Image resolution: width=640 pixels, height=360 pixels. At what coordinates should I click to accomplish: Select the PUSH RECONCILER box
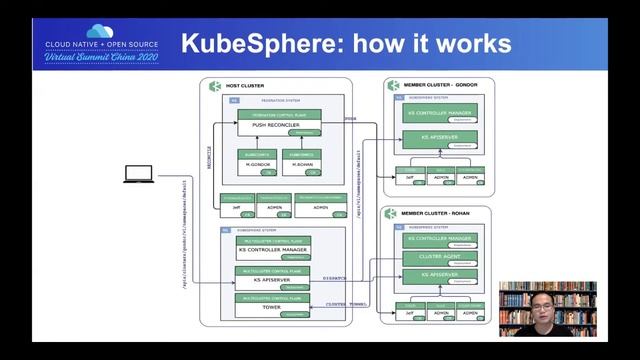pos(269,125)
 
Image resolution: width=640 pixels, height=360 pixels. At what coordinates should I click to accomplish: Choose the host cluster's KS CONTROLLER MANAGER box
pos(269,249)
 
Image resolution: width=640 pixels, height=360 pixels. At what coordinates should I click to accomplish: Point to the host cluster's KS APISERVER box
pos(269,281)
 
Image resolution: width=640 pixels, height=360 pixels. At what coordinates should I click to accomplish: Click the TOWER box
pos(269,309)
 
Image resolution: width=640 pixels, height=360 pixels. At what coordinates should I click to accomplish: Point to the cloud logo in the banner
pos(97,31)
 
